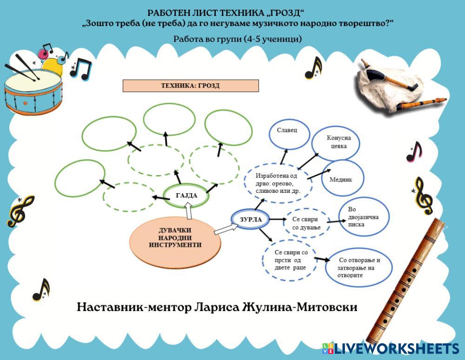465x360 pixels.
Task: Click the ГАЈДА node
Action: pyautogui.click(x=186, y=196)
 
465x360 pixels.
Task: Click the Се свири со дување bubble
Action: pyautogui.click(x=306, y=222)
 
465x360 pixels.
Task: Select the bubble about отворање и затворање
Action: pyautogui.click(x=359, y=267)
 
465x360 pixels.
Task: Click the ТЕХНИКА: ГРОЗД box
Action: pyautogui.click(x=190, y=86)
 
